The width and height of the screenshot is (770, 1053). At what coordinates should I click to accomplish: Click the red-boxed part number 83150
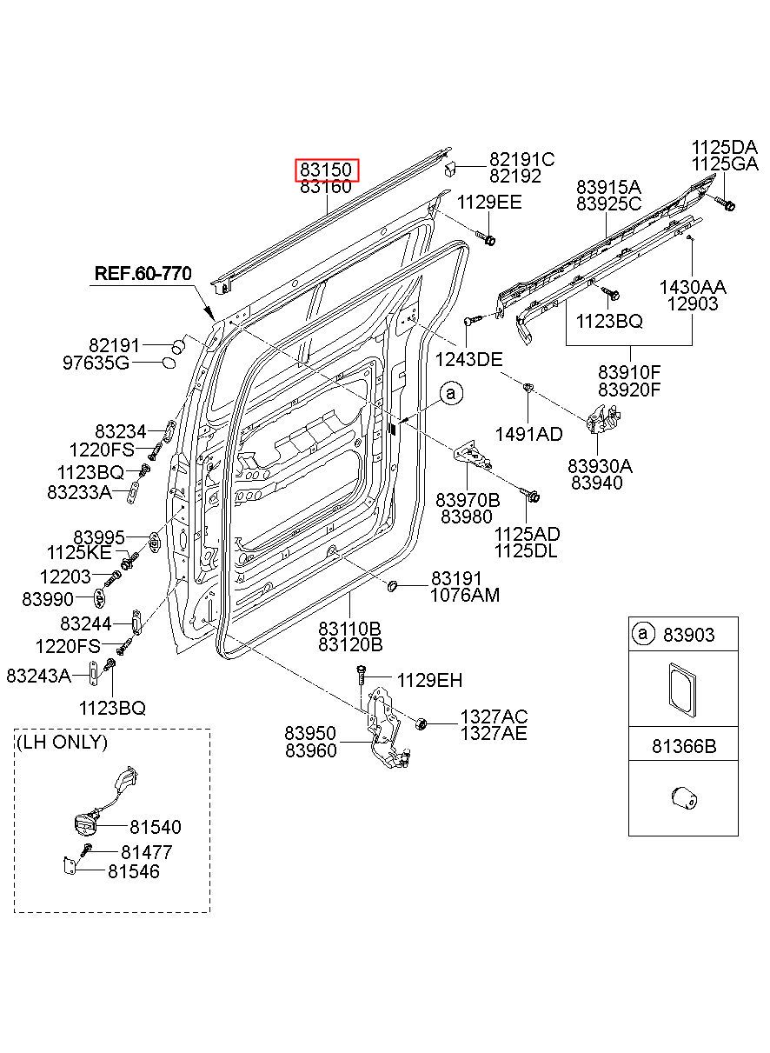[326, 170]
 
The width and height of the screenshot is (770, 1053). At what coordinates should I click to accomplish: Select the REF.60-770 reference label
[143, 273]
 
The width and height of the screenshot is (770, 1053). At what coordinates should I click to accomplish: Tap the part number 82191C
[522, 159]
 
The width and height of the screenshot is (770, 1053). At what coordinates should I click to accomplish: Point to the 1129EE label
[489, 202]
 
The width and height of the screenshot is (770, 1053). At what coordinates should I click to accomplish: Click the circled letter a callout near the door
[451, 394]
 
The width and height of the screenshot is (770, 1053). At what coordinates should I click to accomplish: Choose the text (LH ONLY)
[62, 742]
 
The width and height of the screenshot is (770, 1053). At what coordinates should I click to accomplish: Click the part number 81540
[156, 840]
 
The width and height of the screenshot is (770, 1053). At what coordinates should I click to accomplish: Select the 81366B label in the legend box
[684, 746]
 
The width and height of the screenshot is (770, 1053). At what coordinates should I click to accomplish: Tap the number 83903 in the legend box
[688, 635]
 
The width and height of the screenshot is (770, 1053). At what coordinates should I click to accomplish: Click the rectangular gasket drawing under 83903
[682, 690]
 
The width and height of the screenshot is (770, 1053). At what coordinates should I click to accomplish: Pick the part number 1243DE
[468, 360]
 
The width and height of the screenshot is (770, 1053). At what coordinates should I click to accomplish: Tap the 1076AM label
[465, 595]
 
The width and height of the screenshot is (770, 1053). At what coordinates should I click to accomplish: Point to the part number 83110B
[350, 628]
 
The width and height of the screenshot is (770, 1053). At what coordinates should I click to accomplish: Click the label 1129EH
[430, 680]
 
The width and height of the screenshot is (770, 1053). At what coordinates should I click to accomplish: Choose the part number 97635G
[96, 363]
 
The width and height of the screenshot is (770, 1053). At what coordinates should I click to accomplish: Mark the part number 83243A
[38, 676]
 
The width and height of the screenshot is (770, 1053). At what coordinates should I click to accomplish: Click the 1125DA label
[725, 147]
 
